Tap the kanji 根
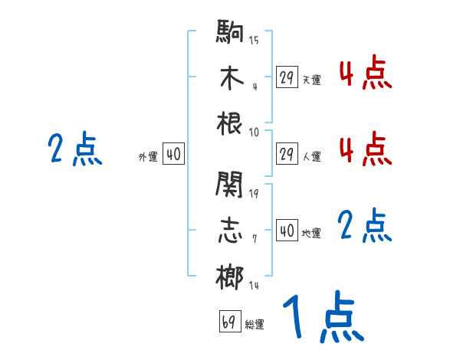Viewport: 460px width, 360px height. (230, 123)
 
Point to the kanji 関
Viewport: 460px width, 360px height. (230, 184)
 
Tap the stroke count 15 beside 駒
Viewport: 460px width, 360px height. (254, 41)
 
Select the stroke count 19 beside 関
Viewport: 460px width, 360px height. (254, 192)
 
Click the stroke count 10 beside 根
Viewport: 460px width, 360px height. (254, 131)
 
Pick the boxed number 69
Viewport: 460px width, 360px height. (229, 322)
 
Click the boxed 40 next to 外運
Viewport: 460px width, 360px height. (173, 155)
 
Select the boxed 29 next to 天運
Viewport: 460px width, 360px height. (287, 77)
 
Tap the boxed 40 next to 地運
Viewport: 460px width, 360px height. (287, 231)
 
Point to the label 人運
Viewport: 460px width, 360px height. (312, 157)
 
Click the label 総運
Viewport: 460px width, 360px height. (255, 325)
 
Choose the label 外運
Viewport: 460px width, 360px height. (148, 157)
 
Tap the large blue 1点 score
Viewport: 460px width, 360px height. (322, 318)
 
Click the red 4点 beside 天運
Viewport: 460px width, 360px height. (365, 75)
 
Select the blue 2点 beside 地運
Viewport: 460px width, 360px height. (365, 226)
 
